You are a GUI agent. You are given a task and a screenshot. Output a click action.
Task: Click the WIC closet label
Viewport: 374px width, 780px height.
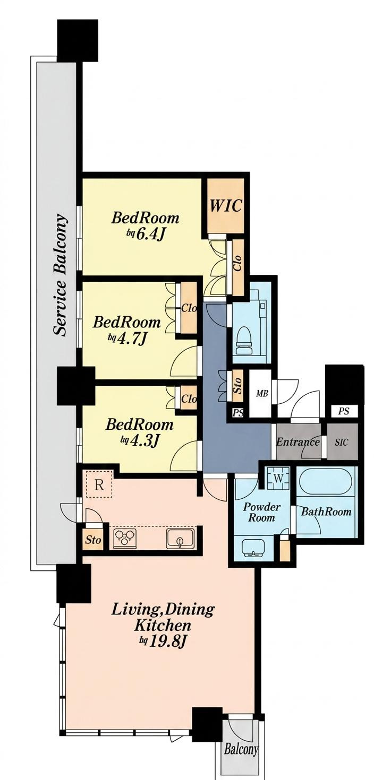click(225, 206)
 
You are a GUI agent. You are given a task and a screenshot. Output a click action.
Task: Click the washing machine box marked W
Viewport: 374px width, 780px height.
click(278, 478)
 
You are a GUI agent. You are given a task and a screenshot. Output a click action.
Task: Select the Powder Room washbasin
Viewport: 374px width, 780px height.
click(253, 549)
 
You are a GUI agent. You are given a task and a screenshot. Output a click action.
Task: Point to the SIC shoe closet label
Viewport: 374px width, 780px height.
click(341, 442)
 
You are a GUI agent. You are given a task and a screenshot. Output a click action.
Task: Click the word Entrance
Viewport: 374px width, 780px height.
click(297, 442)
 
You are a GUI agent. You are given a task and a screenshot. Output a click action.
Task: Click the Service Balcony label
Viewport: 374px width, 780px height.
click(60, 275)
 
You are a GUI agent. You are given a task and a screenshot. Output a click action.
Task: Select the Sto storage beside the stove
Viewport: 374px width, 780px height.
click(93, 540)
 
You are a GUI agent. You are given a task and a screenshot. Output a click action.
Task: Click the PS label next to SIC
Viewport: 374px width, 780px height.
click(343, 411)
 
